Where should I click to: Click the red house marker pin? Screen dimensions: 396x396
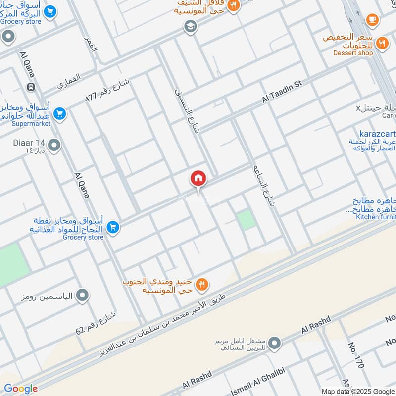pyautogui.click(x=198, y=178)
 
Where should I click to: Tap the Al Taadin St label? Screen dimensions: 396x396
pyautogui.click(x=282, y=93)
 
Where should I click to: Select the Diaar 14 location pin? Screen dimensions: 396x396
pyautogui.click(x=54, y=146)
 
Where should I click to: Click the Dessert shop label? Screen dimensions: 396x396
pyautogui.click(x=353, y=53)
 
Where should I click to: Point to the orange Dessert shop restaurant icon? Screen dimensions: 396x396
pyautogui.click(x=381, y=43)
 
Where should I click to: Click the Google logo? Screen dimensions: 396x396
pyautogui.click(x=21, y=389)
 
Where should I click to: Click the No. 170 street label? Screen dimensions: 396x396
pyautogui.click(x=356, y=355)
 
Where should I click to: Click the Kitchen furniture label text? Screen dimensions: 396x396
pyautogui.click(x=377, y=217)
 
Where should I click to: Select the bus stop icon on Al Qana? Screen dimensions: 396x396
pyautogui.click(x=31, y=87)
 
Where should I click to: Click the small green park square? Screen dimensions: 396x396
pyautogui.click(x=246, y=219)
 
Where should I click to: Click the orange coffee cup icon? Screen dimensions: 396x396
pyautogui.click(x=372, y=19)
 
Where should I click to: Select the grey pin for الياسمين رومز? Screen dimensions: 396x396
pyautogui.click(x=83, y=296)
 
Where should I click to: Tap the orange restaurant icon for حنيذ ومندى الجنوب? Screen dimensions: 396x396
pyautogui.click(x=201, y=284)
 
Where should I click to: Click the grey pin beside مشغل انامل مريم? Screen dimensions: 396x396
pyautogui.click(x=275, y=343)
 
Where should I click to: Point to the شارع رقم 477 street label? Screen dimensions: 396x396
pyautogui.click(x=106, y=90)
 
